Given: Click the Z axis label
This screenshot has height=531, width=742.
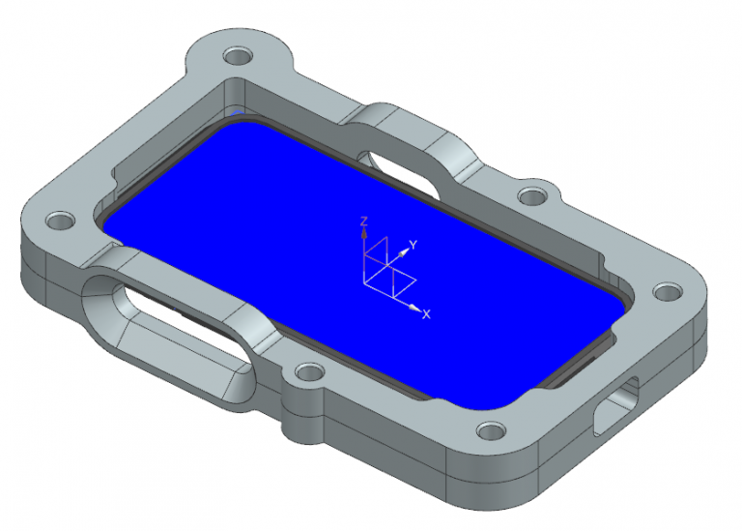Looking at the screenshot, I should point(363,221).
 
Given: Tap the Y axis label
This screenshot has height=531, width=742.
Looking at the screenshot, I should point(413,246).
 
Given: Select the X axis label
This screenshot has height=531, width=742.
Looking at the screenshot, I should point(426,314).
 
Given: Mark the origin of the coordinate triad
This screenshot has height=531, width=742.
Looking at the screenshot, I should point(364,282).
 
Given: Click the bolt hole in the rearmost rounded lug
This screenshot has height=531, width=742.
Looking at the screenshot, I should point(236,56).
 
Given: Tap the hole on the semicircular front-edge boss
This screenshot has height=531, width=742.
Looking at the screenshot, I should point(308,371).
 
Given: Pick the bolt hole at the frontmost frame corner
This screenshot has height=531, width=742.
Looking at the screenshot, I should point(490,429).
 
